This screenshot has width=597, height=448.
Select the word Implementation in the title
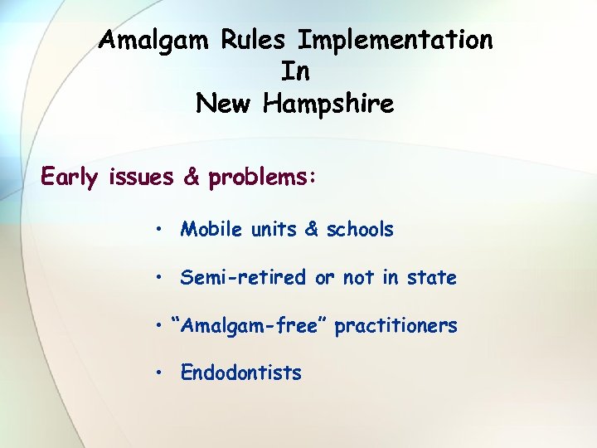tap(396, 40)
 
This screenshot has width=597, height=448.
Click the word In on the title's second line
tap(296, 72)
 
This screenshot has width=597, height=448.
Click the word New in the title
tap(224, 105)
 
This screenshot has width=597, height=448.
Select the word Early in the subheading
tap(71, 178)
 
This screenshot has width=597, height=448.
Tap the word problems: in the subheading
tap(263, 178)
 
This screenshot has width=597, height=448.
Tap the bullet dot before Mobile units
tap(157, 229)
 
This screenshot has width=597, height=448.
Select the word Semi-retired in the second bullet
tap(243, 277)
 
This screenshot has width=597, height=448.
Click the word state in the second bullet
tap(431, 277)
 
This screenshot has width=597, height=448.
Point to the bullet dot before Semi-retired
tap(157, 277)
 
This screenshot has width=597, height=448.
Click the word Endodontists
tap(240, 373)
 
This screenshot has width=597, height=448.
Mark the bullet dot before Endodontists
tap(157, 373)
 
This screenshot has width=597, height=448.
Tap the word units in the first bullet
tap(272, 229)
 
